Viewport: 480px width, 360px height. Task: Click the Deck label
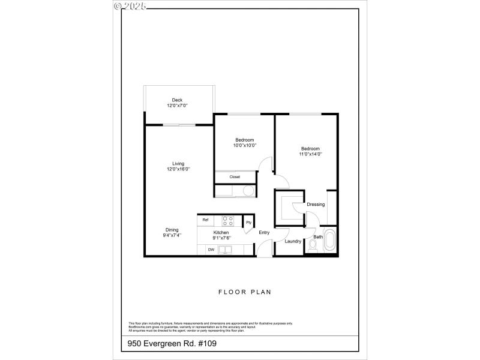177,100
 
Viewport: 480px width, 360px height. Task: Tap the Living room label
178,164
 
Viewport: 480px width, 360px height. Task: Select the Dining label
172,230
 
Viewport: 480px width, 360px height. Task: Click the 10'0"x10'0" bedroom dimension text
245,145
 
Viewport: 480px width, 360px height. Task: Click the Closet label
235,177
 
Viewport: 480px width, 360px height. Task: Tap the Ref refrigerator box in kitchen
205,220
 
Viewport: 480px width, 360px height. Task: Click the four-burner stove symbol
228,220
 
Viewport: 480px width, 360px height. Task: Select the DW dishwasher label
211,249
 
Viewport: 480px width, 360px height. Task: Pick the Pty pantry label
248,223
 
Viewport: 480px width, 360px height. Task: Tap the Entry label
264,232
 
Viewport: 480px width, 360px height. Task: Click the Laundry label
293,241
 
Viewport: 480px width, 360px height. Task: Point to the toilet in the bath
311,246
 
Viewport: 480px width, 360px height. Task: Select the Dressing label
316,205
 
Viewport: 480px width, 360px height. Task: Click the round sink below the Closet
248,191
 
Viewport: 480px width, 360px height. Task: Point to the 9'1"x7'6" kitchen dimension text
221,238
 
